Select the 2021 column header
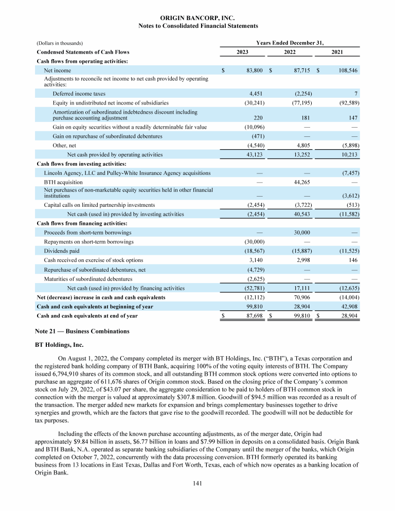coord(337,52)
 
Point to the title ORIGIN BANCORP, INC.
coord(197,17)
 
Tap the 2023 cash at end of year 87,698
coord(254,316)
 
